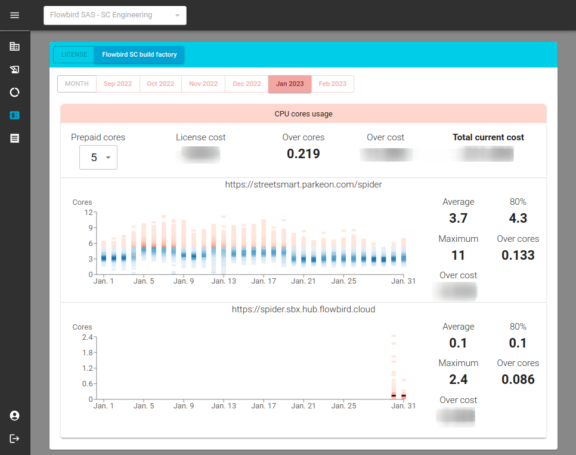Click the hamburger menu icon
click(x=15, y=15)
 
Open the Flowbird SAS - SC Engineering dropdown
click(x=114, y=15)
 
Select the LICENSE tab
click(x=74, y=54)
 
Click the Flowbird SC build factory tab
click(x=140, y=54)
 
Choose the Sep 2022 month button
click(x=117, y=84)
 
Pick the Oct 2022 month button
click(x=160, y=84)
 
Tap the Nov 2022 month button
click(x=203, y=84)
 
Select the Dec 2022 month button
click(x=247, y=84)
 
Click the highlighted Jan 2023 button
click(x=290, y=84)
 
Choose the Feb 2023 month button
click(x=333, y=84)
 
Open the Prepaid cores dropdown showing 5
click(x=98, y=158)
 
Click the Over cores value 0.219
click(x=304, y=153)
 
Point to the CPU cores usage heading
click(x=304, y=113)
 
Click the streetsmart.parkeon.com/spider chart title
click(x=304, y=185)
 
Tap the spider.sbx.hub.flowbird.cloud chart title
click(x=304, y=309)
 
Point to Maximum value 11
click(x=458, y=255)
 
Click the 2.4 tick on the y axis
click(x=87, y=337)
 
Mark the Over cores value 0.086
click(x=518, y=379)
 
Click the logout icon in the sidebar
click(x=15, y=438)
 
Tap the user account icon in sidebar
click(x=15, y=416)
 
